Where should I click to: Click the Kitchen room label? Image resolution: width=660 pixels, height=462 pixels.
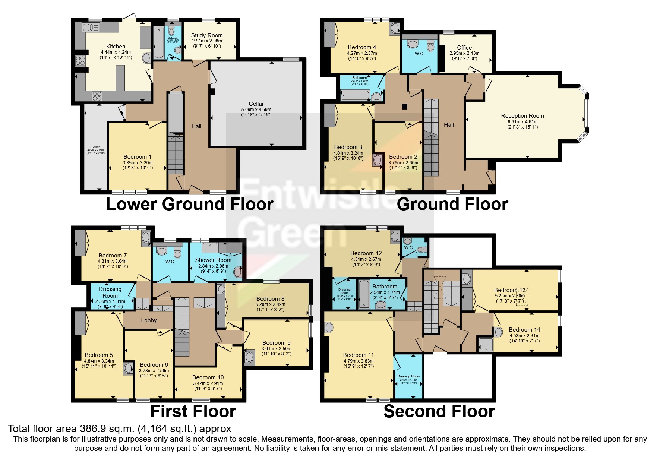(116, 47)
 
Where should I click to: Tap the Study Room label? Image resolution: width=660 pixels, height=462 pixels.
(207, 35)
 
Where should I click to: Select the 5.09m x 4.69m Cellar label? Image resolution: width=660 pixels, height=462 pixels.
(256, 104)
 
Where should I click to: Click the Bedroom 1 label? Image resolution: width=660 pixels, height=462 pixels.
(137, 157)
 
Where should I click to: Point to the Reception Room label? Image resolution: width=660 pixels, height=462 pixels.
(522, 116)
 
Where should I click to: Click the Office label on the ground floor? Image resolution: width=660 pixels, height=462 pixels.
(464, 48)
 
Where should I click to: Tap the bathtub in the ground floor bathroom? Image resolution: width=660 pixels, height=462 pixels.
(355, 96)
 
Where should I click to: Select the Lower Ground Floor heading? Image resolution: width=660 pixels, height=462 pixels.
(190, 204)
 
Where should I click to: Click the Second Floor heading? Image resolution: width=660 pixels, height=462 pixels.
(439, 411)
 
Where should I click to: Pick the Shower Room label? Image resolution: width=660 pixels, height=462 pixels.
(213, 260)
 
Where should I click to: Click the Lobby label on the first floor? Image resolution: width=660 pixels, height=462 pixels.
(149, 320)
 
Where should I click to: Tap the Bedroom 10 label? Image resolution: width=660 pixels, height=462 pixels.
(208, 377)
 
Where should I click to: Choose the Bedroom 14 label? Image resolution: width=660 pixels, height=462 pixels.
(524, 330)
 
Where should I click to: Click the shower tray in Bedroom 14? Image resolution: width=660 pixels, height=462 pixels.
(486, 344)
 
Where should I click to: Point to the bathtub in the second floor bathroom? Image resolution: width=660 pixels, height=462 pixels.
(363, 294)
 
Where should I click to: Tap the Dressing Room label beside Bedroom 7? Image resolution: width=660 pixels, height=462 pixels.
(110, 292)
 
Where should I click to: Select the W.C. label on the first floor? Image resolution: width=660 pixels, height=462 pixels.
(170, 262)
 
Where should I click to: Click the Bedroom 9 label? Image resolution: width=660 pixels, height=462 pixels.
(276, 343)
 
